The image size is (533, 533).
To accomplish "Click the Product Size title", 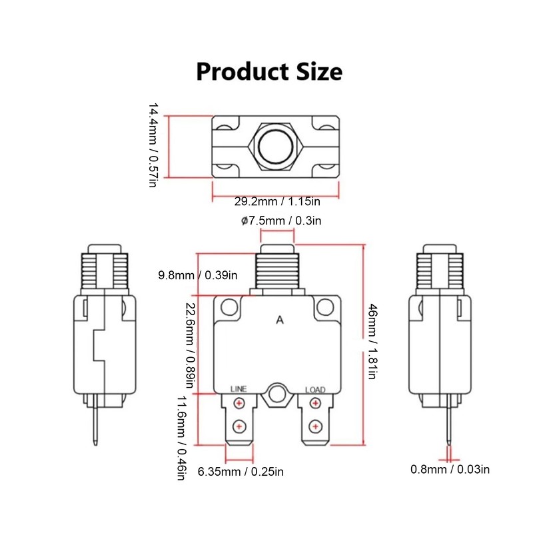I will [269, 71].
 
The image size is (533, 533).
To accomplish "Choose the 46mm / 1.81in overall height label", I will [372, 346].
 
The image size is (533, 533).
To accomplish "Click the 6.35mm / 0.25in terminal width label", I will [241, 472].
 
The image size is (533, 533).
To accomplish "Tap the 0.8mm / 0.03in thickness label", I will [450, 469].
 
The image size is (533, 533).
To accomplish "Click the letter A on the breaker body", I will [280, 320].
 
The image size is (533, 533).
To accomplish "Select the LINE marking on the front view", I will [239, 389].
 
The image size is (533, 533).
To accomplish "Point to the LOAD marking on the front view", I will [315, 389].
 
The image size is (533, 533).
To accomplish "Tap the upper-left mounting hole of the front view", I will [229, 307].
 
